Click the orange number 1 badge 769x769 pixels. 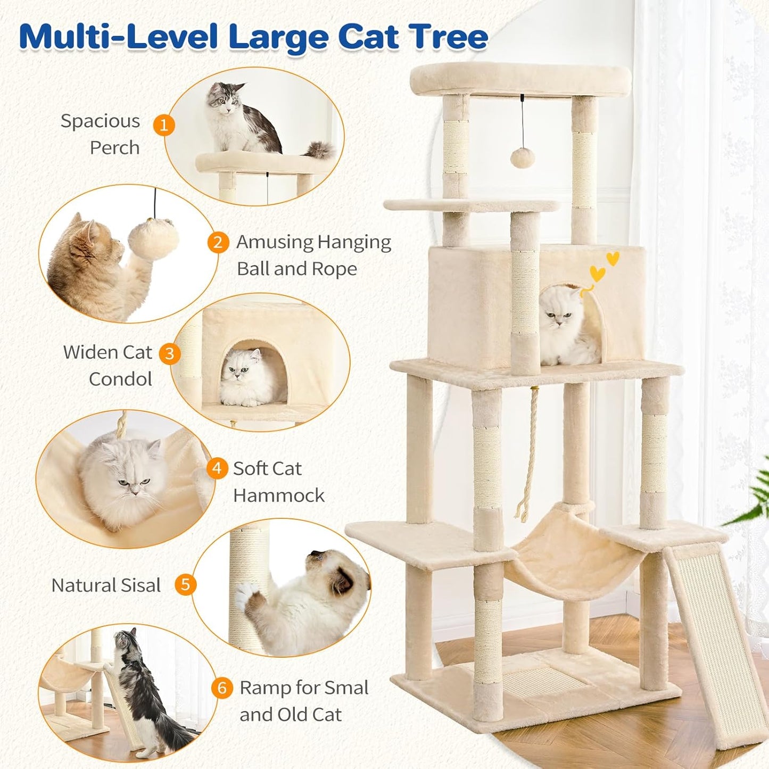coord(164,125)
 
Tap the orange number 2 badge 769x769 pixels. coord(218,243)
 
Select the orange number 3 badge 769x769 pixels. coord(170,353)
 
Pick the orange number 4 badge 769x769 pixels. coord(217,469)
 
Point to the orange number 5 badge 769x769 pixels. coord(185,584)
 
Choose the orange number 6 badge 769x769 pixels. coord(222,688)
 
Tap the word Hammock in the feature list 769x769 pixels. coord(278,495)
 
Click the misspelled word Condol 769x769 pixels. coord(120,379)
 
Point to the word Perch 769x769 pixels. coord(114,148)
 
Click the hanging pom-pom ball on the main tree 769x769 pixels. coord(522,158)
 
